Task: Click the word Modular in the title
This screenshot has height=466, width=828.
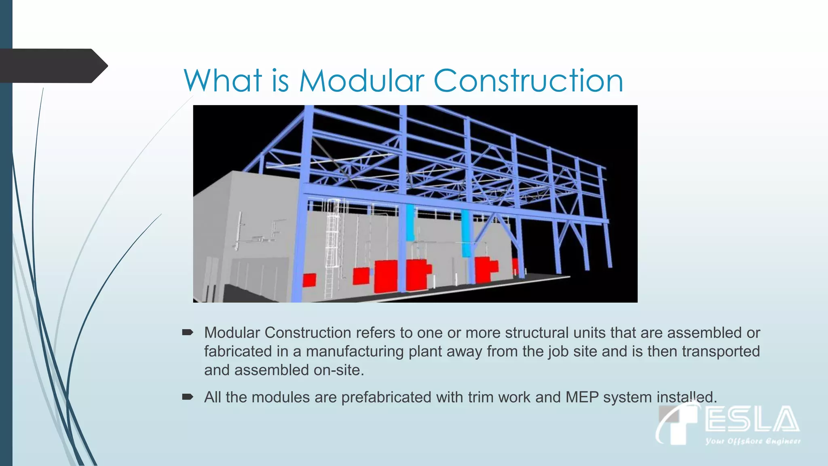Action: click(x=361, y=81)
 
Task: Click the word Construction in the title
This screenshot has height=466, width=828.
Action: click(x=528, y=81)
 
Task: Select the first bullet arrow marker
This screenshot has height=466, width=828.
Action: click(x=188, y=333)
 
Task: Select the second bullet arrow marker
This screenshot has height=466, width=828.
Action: click(x=188, y=397)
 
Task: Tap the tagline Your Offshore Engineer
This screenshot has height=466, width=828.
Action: click(x=753, y=441)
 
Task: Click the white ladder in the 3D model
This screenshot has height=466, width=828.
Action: click(x=332, y=247)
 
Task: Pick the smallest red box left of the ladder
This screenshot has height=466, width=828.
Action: click(x=309, y=280)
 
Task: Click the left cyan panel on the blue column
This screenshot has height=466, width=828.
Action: click(x=410, y=222)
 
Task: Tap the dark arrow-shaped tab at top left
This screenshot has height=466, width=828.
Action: click(x=53, y=66)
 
